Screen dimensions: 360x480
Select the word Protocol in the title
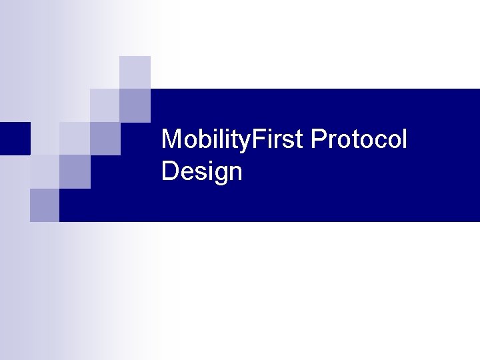click(x=359, y=140)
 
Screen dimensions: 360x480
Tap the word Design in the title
click(x=201, y=172)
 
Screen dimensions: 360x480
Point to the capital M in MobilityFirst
click(x=171, y=140)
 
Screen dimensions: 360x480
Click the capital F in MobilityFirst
click(x=261, y=140)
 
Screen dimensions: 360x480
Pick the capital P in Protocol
click(x=318, y=140)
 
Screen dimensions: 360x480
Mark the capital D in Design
click(x=169, y=172)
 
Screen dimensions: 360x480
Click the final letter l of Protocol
click(x=403, y=140)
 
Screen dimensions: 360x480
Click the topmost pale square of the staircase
click(x=135, y=72)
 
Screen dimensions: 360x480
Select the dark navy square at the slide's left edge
click(x=15, y=138)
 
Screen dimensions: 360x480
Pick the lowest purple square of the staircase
click(x=45, y=205)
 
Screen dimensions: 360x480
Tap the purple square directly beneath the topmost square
click(x=135, y=105)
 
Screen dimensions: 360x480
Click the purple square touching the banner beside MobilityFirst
click(x=105, y=138)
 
